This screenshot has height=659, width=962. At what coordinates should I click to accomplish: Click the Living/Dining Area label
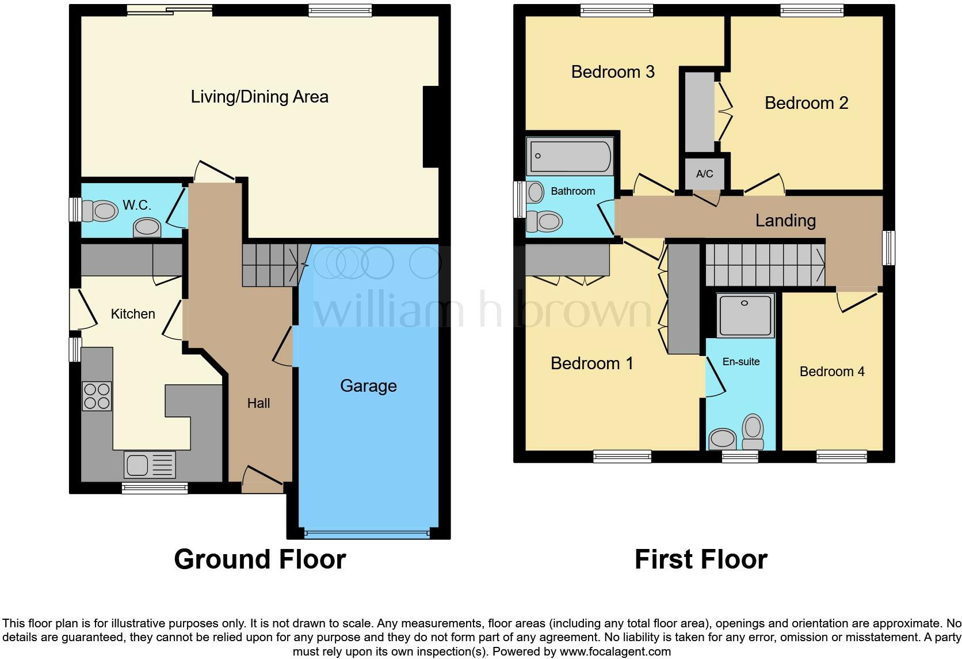pyautogui.click(x=259, y=97)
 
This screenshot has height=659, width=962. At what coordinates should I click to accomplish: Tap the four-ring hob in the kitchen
pyautogui.click(x=97, y=396)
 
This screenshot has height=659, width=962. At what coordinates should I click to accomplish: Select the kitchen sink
pyautogui.click(x=149, y=465)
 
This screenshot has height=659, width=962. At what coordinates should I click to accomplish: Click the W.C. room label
pyautogui.click(x=137, y=205)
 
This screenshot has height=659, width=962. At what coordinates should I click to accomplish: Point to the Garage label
pyautogui.click(x=368, y=386)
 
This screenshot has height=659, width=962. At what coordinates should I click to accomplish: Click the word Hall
pyautogui.click(x=258, y=403)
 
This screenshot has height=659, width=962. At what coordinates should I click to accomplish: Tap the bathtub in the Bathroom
pyautogui.click(x=570, y=156)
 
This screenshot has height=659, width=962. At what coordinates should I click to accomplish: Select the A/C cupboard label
pyautogui.click(x=704, y=174)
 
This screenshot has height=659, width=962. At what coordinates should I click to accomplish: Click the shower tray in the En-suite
pyautogui.click(x=746, y=315)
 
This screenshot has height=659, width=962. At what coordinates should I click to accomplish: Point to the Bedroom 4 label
pyautogui.click(x=832, y=372)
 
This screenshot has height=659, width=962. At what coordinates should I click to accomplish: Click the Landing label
pyautogui.click(x=785, y=221)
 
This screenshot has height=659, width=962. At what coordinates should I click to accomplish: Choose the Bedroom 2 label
pyautogui.click(x=806, y=103)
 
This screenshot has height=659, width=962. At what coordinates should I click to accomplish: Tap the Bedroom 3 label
pyautogui.click(x=613, y=72)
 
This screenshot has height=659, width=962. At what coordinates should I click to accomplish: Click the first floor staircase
pyautogui.click(x=765, y=264)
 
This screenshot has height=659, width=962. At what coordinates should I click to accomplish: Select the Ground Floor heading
pyautogui.click(x=259, y=559)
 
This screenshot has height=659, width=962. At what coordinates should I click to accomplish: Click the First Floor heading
pyautogui.click(x=701, y=559)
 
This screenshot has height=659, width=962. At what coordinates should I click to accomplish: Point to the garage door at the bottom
pyautogui.click(x=367, y=533)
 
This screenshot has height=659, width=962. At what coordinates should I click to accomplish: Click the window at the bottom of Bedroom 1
pyautogui.click(x=623, y=456)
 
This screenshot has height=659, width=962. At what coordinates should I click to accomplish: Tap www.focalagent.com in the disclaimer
pyautogui.click(x=615, y=652)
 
